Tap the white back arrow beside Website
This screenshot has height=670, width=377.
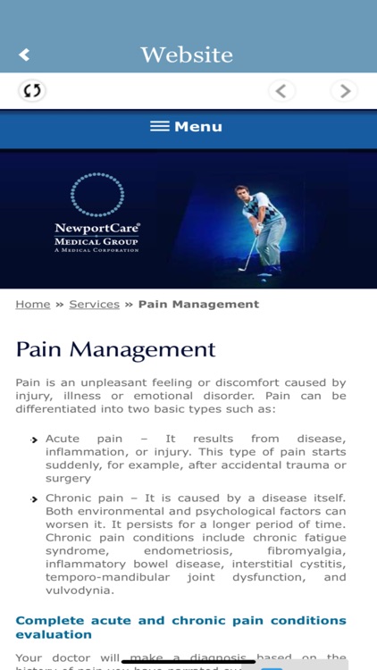(x=24, y=54)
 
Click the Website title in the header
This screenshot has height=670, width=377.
(x=187, y=54)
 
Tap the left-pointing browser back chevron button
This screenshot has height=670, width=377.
(x=281, y=90)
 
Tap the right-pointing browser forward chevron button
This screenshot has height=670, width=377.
(x=344, y=90)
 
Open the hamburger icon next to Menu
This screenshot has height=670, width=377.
(x=159, y=127)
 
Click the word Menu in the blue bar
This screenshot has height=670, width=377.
(x=198, y=127)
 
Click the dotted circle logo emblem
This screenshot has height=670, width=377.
(x=96, y=194)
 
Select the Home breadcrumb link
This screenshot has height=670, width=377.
(x=33, y=304)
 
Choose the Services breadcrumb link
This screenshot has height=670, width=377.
(x=94, y=304)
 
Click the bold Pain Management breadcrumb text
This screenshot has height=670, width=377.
(x=198, y=304)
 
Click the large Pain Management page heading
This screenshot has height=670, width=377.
(x=115, y=348)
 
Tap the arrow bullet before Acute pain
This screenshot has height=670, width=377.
(x=36, y=440)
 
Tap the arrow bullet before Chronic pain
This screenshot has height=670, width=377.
(x=36, y=498)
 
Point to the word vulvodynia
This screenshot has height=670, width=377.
(x=81, y=590)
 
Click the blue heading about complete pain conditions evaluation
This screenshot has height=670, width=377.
(x=180, y=627)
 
